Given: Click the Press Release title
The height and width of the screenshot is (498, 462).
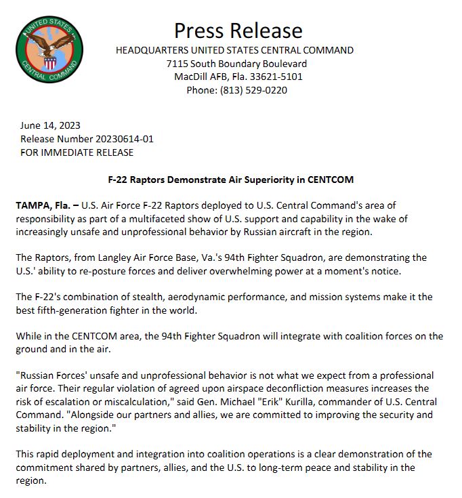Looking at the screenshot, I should coord(238,30).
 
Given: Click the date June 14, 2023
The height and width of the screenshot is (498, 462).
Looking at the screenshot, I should coord(50,125).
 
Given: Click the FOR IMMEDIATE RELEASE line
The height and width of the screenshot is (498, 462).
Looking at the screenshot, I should coord(77,152).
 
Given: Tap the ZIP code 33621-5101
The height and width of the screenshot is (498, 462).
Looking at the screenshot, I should coord(276,77).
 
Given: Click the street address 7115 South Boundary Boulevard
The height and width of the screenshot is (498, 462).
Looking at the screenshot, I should coord(234,64).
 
